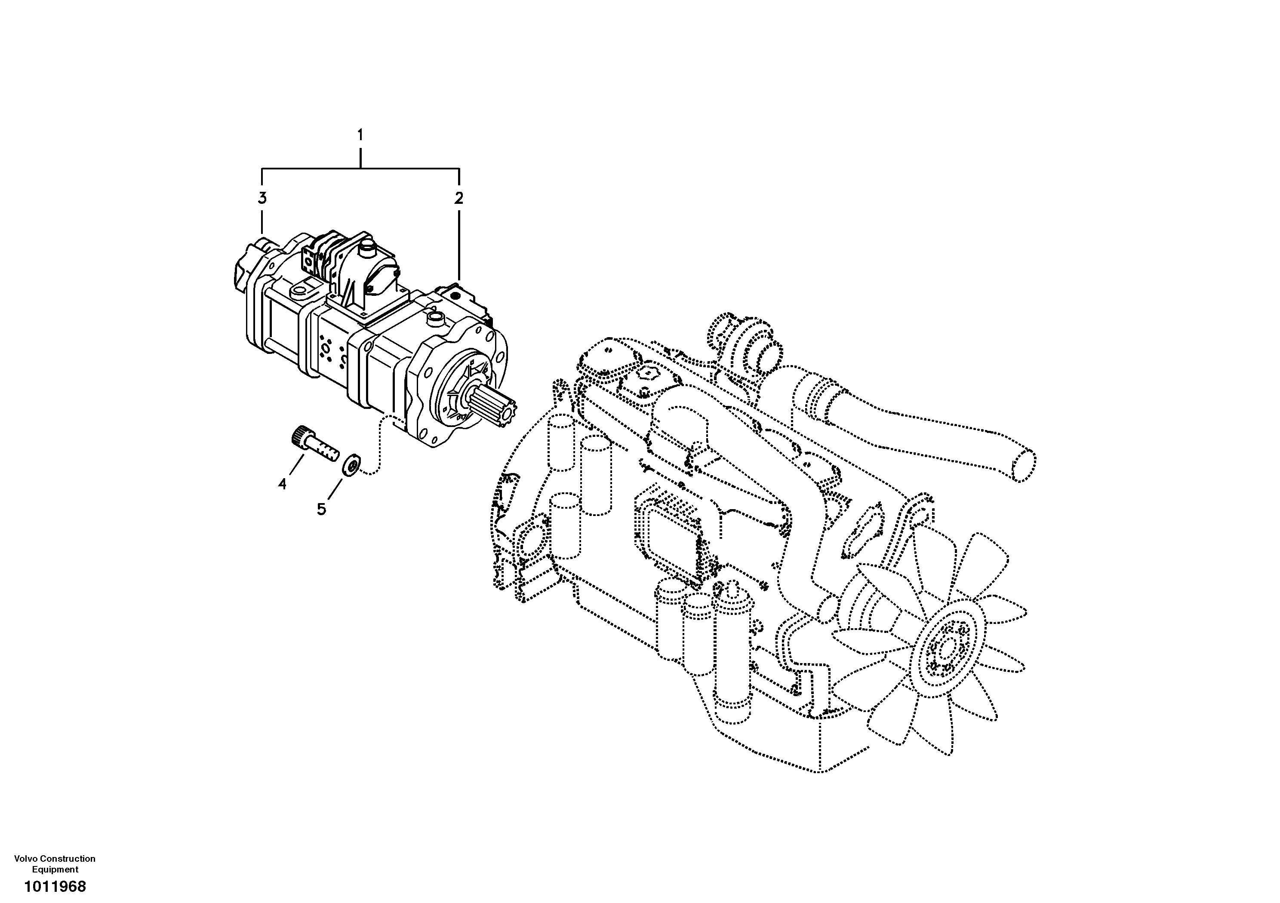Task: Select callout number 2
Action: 458,198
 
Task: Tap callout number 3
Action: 262,198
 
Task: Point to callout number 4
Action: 282,484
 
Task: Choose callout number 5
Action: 321,509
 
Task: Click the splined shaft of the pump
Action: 493,406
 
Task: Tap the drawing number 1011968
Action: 55,886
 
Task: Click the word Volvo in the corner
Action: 26,858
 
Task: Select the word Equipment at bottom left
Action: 55,869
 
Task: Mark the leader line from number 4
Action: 296,466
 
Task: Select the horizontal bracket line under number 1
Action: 360,168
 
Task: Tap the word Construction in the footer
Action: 68,858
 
